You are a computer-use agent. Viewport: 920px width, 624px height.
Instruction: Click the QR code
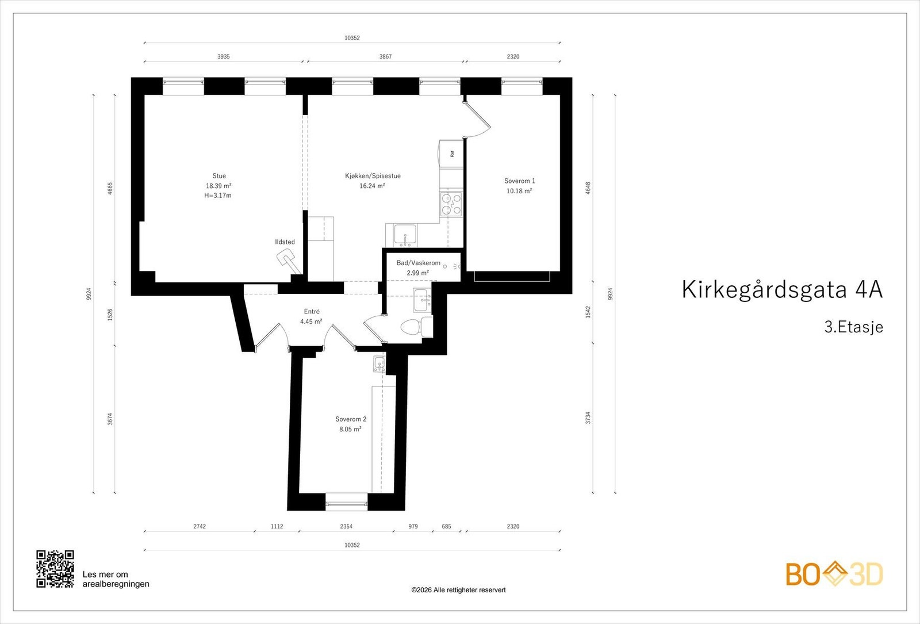55,569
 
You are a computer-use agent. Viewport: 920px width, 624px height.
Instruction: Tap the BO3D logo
834,574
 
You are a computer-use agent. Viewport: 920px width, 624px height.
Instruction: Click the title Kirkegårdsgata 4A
781,289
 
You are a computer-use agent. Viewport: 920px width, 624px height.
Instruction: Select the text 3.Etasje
853,327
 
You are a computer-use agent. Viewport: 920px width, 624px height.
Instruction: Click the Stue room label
219,176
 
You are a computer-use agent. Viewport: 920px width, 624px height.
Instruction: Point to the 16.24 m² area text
372,186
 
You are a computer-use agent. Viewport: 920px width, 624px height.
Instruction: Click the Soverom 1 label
519,181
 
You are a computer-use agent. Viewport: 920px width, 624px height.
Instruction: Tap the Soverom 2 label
351,419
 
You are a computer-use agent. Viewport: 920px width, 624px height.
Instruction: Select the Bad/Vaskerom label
418,263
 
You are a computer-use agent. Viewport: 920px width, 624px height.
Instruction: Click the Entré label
312,312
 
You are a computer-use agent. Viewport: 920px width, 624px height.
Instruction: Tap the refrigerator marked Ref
451,154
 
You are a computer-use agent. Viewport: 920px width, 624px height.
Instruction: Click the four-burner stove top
451,204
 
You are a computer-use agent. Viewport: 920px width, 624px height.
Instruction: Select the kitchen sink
406,235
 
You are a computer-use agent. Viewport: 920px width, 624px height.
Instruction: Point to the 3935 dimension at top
223,56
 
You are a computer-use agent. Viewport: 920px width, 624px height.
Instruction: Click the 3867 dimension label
385,56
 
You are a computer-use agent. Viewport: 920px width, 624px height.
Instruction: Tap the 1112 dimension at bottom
277,526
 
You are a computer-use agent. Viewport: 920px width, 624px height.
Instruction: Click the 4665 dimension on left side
110,188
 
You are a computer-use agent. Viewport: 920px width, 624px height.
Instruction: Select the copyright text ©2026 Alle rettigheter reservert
458,590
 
